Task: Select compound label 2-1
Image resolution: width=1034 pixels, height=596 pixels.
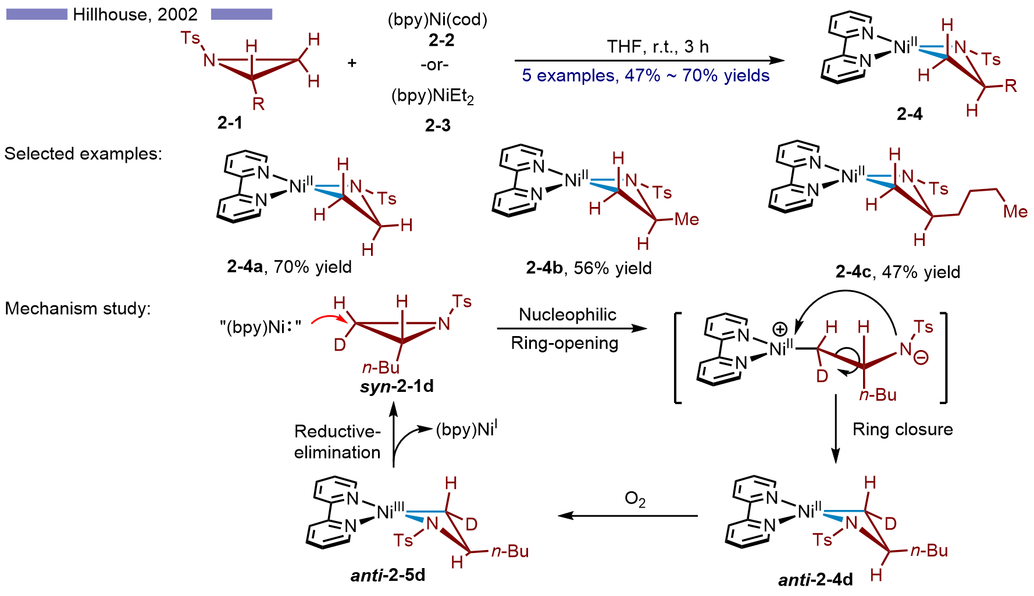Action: pos(230,123)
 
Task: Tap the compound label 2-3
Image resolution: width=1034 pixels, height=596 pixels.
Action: pos(437,125)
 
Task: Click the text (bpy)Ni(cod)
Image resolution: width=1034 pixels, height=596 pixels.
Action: pos(437,20)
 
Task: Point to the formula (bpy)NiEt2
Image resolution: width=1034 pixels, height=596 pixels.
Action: pos(433,96)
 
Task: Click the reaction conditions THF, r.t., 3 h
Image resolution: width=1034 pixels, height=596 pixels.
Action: pos(658,47)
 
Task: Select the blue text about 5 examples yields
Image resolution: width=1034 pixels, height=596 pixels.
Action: pos(646,76)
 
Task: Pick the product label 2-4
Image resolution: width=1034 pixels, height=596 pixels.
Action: pos(910,114)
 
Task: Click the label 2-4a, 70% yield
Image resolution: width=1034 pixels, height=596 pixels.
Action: pos(289,267)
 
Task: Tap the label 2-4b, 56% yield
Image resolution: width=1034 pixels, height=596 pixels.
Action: pos(589,268)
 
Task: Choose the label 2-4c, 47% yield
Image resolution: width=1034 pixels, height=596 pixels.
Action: pos(898,272)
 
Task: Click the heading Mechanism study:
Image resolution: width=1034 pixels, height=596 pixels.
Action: pos(78,309)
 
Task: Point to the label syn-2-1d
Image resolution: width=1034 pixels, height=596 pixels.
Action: pos(397,387)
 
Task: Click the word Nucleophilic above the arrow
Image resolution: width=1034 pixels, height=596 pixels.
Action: pos(568,315)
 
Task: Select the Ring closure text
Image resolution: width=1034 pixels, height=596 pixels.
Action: pos(903,430)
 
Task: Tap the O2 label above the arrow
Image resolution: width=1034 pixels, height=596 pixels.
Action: pos(635,499)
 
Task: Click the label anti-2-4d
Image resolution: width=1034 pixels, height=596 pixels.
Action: pos(815,580)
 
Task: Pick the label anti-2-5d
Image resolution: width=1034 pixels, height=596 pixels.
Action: pos(388,575)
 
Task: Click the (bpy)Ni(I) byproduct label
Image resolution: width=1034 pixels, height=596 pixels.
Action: pos(466,429)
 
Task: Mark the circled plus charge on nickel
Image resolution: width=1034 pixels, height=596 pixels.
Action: pos(779,330)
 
